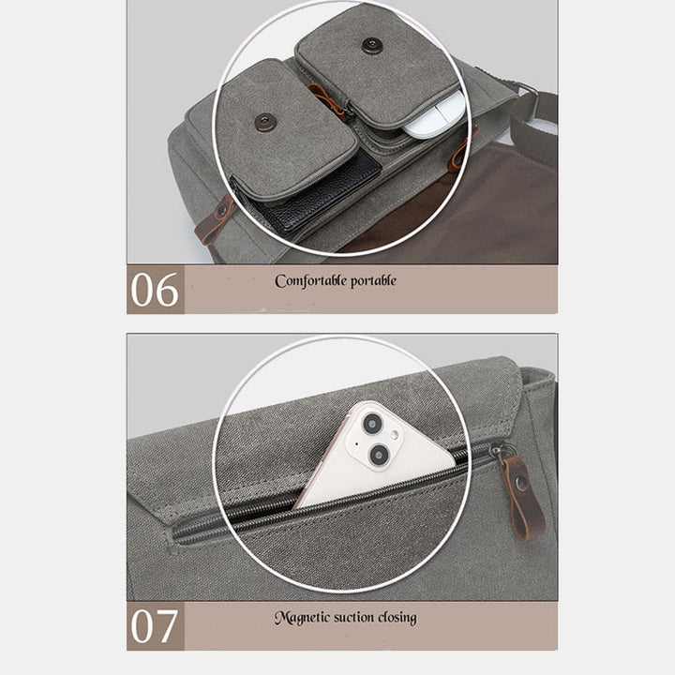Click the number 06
pos(155,290)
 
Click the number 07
pos(154,625)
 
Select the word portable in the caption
pos(373,281)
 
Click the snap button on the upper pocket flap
pos(371,46)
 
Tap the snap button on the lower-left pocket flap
pos(264,123)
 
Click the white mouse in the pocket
pos(432,115)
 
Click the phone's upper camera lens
pos(372,424)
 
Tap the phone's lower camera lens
pos(380,455)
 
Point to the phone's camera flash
pos(395,436)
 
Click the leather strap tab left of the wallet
pos(216,220)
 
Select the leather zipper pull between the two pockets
pos(328,102)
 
